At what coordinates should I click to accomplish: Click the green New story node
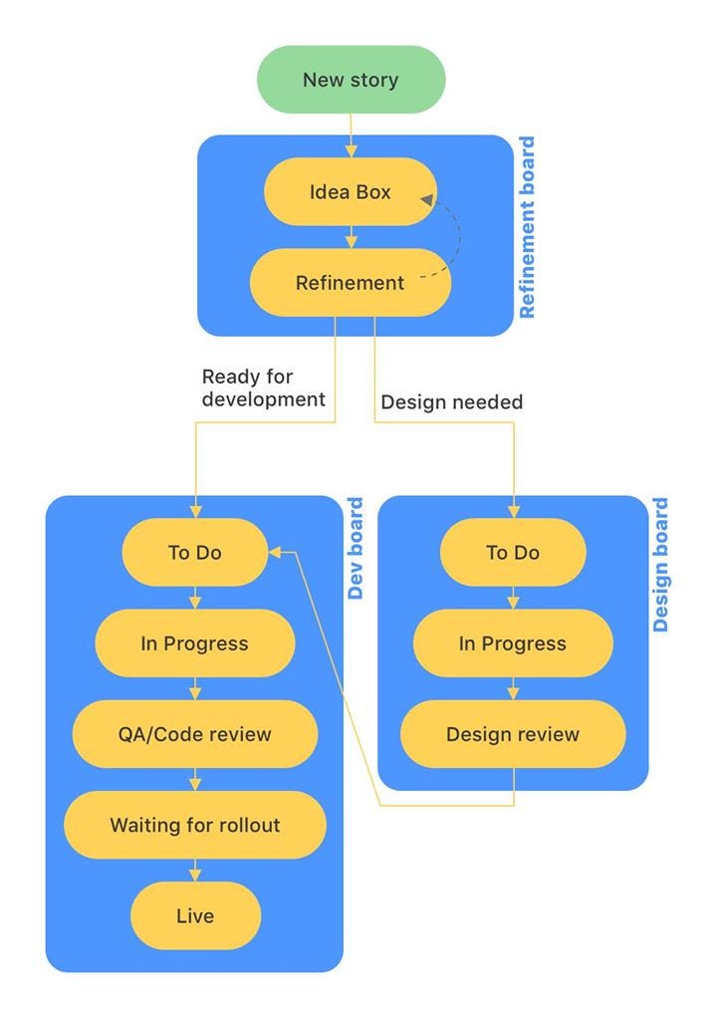(x=351, y=80)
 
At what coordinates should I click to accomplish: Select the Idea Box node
(x=351, y=191)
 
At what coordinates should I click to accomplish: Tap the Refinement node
(x=351, y=283)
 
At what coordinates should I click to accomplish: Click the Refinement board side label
(x=527, y=228)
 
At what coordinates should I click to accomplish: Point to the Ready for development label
(x=263, y=388)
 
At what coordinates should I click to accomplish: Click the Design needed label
(x=451, y=402)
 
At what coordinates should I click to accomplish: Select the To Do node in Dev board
(x=195, y=552)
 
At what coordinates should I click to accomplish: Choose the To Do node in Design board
(x=513, y=552)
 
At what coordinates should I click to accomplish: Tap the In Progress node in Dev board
(x=195, y=643)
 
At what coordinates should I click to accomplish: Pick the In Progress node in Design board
(x=513, y=643)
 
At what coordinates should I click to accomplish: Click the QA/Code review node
(x=195, y=734)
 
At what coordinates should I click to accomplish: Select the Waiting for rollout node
(x=195, y=825)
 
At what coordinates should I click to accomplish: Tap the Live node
(x=195, y=915)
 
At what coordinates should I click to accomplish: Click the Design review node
(x=513, y=734)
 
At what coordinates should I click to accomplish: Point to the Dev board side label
(x=355, y=549)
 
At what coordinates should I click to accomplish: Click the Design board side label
(x=660, y=566)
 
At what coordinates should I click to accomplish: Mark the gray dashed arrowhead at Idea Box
(x=427, y=200)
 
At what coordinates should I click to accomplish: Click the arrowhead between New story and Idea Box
(x=351, y=151)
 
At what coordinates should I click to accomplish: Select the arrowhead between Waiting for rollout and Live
(x=195, y=875)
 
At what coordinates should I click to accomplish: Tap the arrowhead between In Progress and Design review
(x=513, y=693)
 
